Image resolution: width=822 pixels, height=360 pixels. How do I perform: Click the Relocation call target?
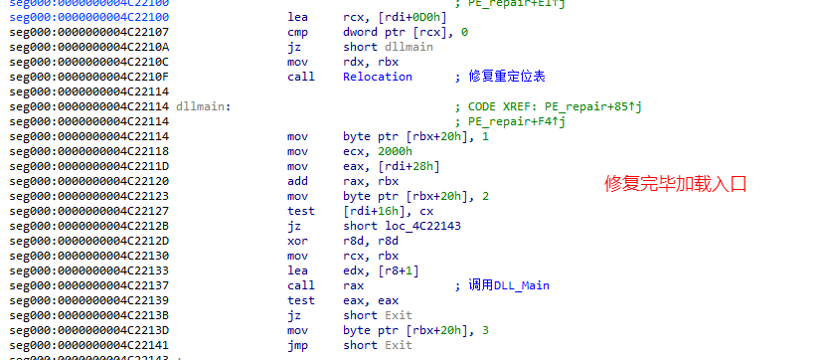tap(377, 77)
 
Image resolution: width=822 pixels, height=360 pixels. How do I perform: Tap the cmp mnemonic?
tap(297, 32)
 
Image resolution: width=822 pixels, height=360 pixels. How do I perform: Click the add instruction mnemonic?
tap(297, 181)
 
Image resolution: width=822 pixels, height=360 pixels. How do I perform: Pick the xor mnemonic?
tap(297, 241)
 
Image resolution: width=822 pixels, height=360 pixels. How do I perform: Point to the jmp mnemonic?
tap(297, 345)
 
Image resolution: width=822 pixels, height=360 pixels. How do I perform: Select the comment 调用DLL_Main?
tap(508, 285)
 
